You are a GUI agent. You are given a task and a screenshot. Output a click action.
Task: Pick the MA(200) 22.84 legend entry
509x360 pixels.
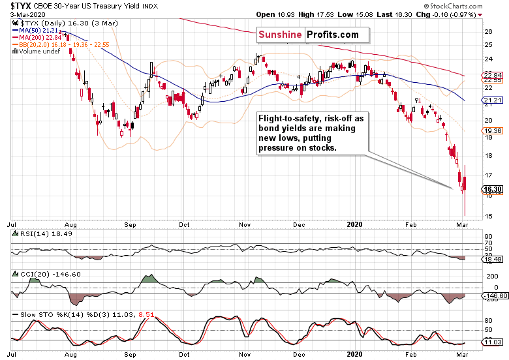click(37, 38)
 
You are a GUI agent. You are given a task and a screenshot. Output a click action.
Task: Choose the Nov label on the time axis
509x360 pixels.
click(246, 224)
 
